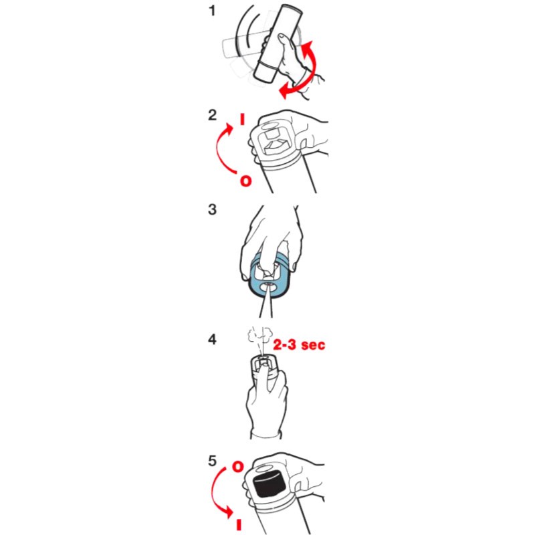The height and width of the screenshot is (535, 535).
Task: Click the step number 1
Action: click(x=212, y=11)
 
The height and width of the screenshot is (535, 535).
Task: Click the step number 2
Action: click(x=212, y=115)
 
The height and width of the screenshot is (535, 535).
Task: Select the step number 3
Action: click(x=212, y=209)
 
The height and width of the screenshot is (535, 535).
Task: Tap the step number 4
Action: click(x=212, y=340)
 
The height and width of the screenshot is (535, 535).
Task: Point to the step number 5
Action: click(x=212, y=461)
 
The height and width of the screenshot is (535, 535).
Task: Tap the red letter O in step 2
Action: click(x=245, y=181)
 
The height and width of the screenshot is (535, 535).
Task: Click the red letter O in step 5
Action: click(x=238, y=467)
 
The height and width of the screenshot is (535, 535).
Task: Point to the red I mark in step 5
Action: click(x=239, y=525)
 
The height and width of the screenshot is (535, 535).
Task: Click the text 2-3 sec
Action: click(x=299, y=344)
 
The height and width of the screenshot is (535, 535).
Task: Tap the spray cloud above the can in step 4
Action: click(x=260, y=336)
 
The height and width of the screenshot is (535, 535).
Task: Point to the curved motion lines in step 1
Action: click(x=244, y=32)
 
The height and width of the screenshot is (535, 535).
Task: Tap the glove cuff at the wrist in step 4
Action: click(x=266, y=435)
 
